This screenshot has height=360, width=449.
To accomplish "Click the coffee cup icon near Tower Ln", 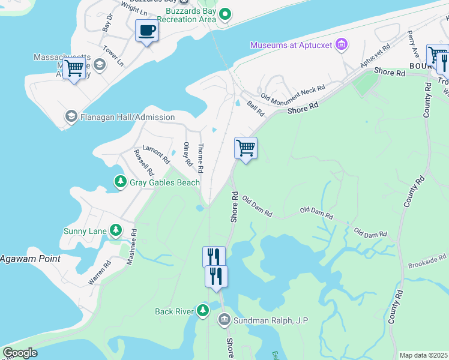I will (x=146, y=30).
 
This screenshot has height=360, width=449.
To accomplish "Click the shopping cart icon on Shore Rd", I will (x=246, y=148).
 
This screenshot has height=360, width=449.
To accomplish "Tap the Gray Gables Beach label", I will (x=165, y=182).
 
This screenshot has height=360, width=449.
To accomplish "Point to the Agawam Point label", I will (x=30, y=259).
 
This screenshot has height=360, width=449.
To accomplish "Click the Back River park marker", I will (x=203, y=310).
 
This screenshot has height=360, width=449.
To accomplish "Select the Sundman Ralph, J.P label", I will (x=271, y=320).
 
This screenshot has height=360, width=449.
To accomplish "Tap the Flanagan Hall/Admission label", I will (x=127, y=117).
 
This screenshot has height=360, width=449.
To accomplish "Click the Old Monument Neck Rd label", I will (x=293, y=92).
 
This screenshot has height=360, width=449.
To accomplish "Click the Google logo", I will (x=20, y=353).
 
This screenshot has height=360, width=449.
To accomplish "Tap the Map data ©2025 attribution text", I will (x=424, y=355).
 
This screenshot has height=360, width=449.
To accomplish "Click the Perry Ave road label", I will (x=411, y=40).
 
